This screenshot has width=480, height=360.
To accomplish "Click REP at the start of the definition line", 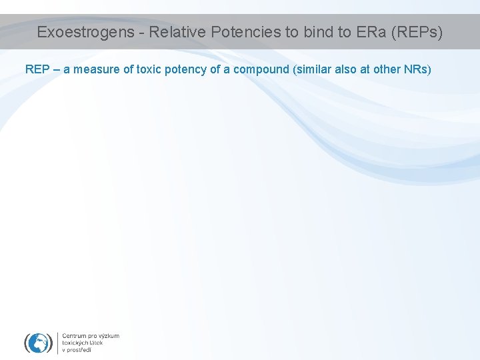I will coord(37,69).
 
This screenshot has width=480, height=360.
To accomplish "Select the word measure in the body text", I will coord(99,69).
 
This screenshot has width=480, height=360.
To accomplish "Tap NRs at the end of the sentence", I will coord(421,69).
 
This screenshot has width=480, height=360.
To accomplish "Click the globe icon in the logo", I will coord(38,343).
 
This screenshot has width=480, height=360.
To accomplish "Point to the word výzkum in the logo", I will coord(109,336).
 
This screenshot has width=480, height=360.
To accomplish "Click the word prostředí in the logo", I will coord(80,350).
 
